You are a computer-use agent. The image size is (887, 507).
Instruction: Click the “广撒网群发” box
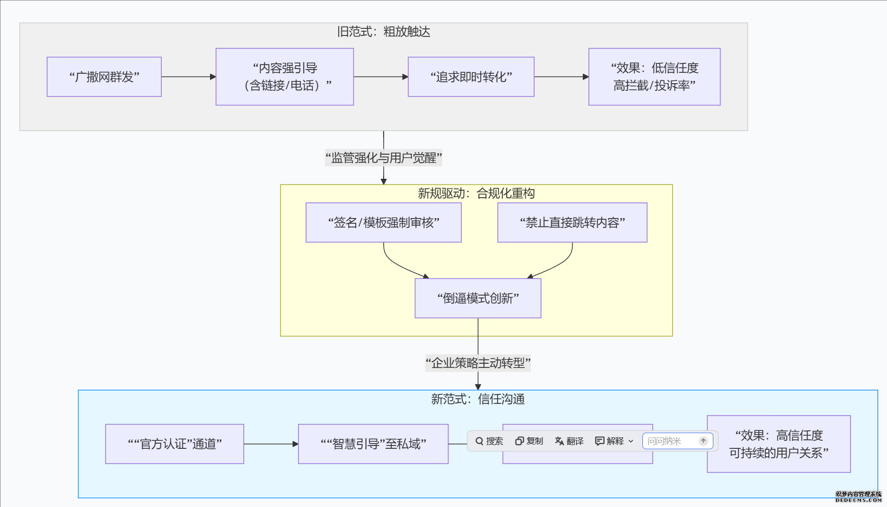(104, 77)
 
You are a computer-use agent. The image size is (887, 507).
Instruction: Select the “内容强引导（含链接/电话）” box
(284, 77)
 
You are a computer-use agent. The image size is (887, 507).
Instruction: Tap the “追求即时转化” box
(471, 77)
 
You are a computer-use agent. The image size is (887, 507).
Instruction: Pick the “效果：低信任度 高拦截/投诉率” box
(654, 77)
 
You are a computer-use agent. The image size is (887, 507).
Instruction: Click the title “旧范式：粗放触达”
(383, 32)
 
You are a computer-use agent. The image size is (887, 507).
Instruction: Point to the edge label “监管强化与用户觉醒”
(383, 157)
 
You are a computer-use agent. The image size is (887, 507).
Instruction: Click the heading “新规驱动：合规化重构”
(476, 193)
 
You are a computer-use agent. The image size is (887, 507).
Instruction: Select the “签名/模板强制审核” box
(383, 222)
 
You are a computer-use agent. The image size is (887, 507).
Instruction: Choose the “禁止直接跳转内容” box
(572, 222)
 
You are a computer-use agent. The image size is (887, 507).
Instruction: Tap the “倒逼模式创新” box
(478, 298)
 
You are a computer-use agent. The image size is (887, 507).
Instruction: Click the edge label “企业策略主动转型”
(478, 363)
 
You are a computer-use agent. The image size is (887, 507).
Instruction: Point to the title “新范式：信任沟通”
(477, 399)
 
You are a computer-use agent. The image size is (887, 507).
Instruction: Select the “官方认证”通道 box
(175, 444)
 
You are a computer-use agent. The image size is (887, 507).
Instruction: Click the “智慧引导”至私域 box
(373, 444)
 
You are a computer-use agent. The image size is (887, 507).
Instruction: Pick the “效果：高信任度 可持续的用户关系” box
(778, 444)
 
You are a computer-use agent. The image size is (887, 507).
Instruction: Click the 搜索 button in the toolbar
(489, 441)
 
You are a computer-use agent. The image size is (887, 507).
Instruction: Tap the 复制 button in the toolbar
(529, 441)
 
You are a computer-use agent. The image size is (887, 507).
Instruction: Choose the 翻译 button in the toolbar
(569, 441)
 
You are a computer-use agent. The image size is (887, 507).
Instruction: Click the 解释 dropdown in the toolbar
(614, 441)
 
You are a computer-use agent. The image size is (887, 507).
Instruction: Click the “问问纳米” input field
(669, 441)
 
